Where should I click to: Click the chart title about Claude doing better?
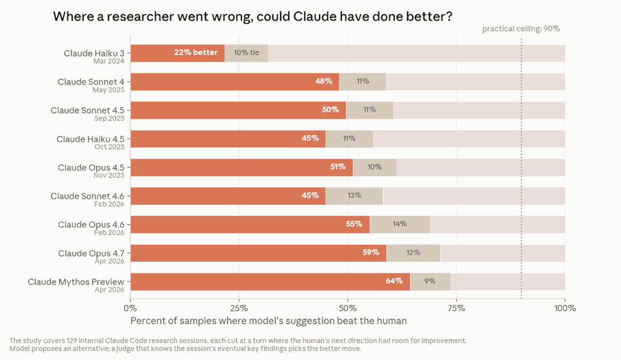253,16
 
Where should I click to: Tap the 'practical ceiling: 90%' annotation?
521,29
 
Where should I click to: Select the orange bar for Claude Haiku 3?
178,53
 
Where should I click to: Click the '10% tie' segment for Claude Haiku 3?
246,53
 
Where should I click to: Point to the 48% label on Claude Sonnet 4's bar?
324,81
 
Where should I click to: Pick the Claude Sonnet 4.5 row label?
87,110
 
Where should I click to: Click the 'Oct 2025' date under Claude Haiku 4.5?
109,147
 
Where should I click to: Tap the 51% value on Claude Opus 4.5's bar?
338,167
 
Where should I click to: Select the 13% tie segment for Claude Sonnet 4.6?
354,196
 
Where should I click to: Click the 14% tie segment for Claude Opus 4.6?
400,224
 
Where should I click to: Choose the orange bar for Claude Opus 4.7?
258,253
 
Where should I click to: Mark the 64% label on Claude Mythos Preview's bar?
394,281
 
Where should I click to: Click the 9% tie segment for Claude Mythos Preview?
430,281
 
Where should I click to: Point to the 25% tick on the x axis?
239,308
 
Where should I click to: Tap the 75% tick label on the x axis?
456,308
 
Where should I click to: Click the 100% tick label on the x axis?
565,308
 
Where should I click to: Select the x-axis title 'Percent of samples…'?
269,321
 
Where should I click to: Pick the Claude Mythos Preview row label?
76,282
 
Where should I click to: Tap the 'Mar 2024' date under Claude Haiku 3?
109,61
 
